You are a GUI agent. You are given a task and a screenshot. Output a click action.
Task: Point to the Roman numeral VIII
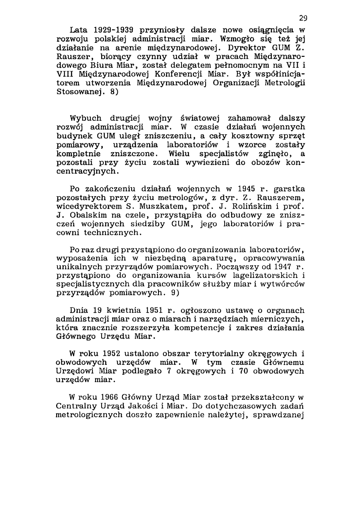click(x=66, y=74)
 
